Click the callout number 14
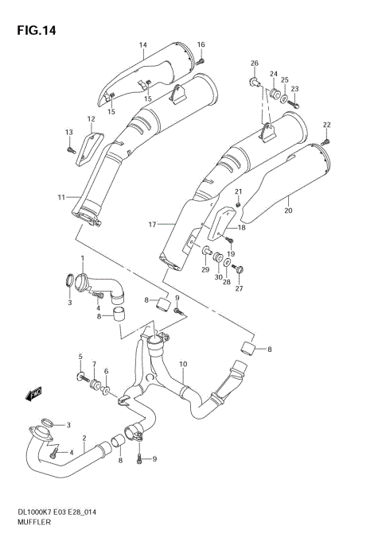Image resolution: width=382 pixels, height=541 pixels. [x=143, y=44]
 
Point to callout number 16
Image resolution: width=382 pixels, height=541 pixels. [x=201, y=44]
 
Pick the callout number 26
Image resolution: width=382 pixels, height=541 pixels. [x=255, y=63]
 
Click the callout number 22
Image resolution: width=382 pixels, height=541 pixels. [x=325, y=124]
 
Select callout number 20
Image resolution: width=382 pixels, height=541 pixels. [x=288, y=210]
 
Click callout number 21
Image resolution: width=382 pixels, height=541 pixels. [x=237, y=191]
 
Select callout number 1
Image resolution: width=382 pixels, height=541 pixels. [x=81, y=259]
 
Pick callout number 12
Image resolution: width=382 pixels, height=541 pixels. [x=91, y=119]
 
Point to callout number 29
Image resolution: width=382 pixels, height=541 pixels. [x=205, y=271]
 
